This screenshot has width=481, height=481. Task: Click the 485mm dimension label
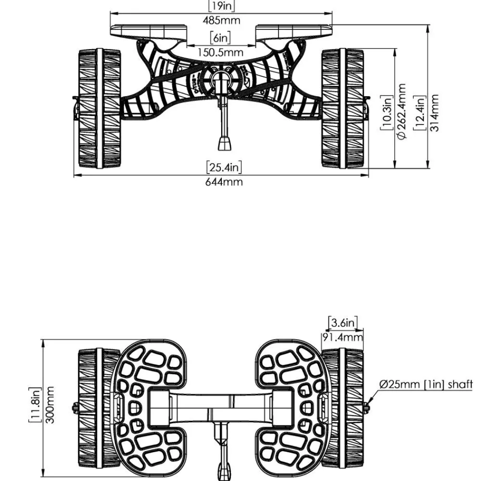(x=221, y=21)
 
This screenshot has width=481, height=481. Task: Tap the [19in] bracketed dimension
(x=221, y=5)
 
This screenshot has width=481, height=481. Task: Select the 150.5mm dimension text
(x=220, y=52)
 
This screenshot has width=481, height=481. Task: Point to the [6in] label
(x=221, y=38)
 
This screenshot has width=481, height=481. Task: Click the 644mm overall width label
(x=224, y=182)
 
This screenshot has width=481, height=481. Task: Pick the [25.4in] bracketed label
(x=224, y=167)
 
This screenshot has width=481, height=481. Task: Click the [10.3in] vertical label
(x=387, y=112)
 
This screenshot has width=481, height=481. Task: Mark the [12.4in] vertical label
(x=419, y=113)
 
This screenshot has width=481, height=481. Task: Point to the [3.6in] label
(x=343, y=323)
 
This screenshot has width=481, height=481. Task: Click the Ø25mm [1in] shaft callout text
(x=426, y=384)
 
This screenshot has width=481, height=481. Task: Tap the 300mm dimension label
(x=50, y=405)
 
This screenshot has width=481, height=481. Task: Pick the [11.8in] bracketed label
(x=35, y=405)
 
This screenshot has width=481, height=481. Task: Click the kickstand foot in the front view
(x=225, y=143)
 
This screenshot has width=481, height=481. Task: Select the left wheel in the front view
(x=100, y=108)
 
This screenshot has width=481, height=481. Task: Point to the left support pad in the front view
(x=149, y=33)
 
